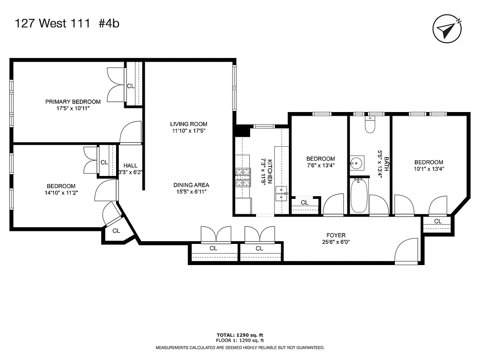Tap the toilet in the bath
pyautogui.click(x=370, y=125)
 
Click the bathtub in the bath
pyautogui.click(x=359, y=196)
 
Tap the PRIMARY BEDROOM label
pyautogui.click(x=73, y=102)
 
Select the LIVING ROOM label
pyautogui.click(x=188, y=124)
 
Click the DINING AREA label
pyautogui.click(x=191, y=185)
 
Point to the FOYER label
pyautogui.click(x=336, y=235)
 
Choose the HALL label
pyautogui.click(x=130, y=166)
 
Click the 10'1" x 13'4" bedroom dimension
pyautogui.click(x=429, y=169)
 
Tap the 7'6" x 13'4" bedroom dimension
pyautogui.click(x=321, y=166)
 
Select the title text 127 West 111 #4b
pyautogui.click(x=67, y=24)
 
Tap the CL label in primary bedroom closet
pyautogui.click(x=130, y=86)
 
